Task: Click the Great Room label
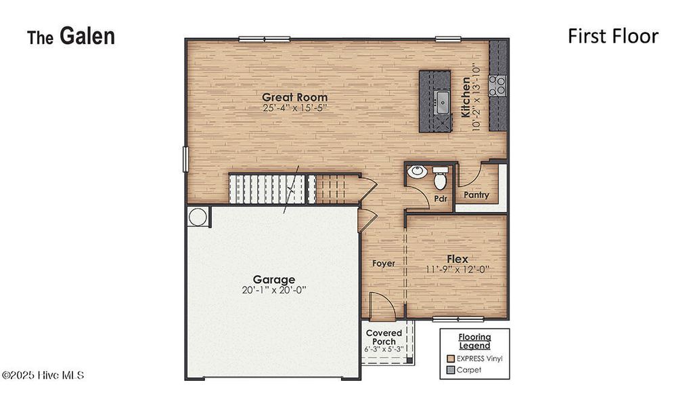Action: pyautogui.click(x=294, y=97)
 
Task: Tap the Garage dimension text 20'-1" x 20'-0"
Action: pyautogui.click(x=273, y=291)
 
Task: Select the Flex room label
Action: pyautogui.click(x=457, y=259)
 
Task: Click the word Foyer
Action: pyautogui.click(x=384, y=264)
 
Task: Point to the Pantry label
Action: pyautogui.click(x=476, y=195)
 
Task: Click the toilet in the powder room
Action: pyautogui.click(x=441, y=180)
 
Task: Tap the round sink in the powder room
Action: pyautogui.click(x=417, y=171)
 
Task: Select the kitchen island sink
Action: pyautogui.click(x=443, y=102)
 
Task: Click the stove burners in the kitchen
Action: pyautogui.click(x=498, y=85)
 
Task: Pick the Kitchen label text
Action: pyautogui.click(x=466, y=97)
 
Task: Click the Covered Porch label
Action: pyautogui.click(x=384, y=337)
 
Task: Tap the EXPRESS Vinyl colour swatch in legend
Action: pyautogui.click(x=450, y=358)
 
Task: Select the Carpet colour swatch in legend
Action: pyautogui.click(x=450, y=371)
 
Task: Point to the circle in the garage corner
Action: pyautogui.click(x=198, y=217)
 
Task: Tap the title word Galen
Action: pyautogui.click(x=87, y=36)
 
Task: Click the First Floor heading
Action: pyautogui.click(x=612, y=36)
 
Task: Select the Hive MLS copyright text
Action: pyautogui.click(x=43, y=375)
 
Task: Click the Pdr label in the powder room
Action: pyautogui.click(x=441, y=199)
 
